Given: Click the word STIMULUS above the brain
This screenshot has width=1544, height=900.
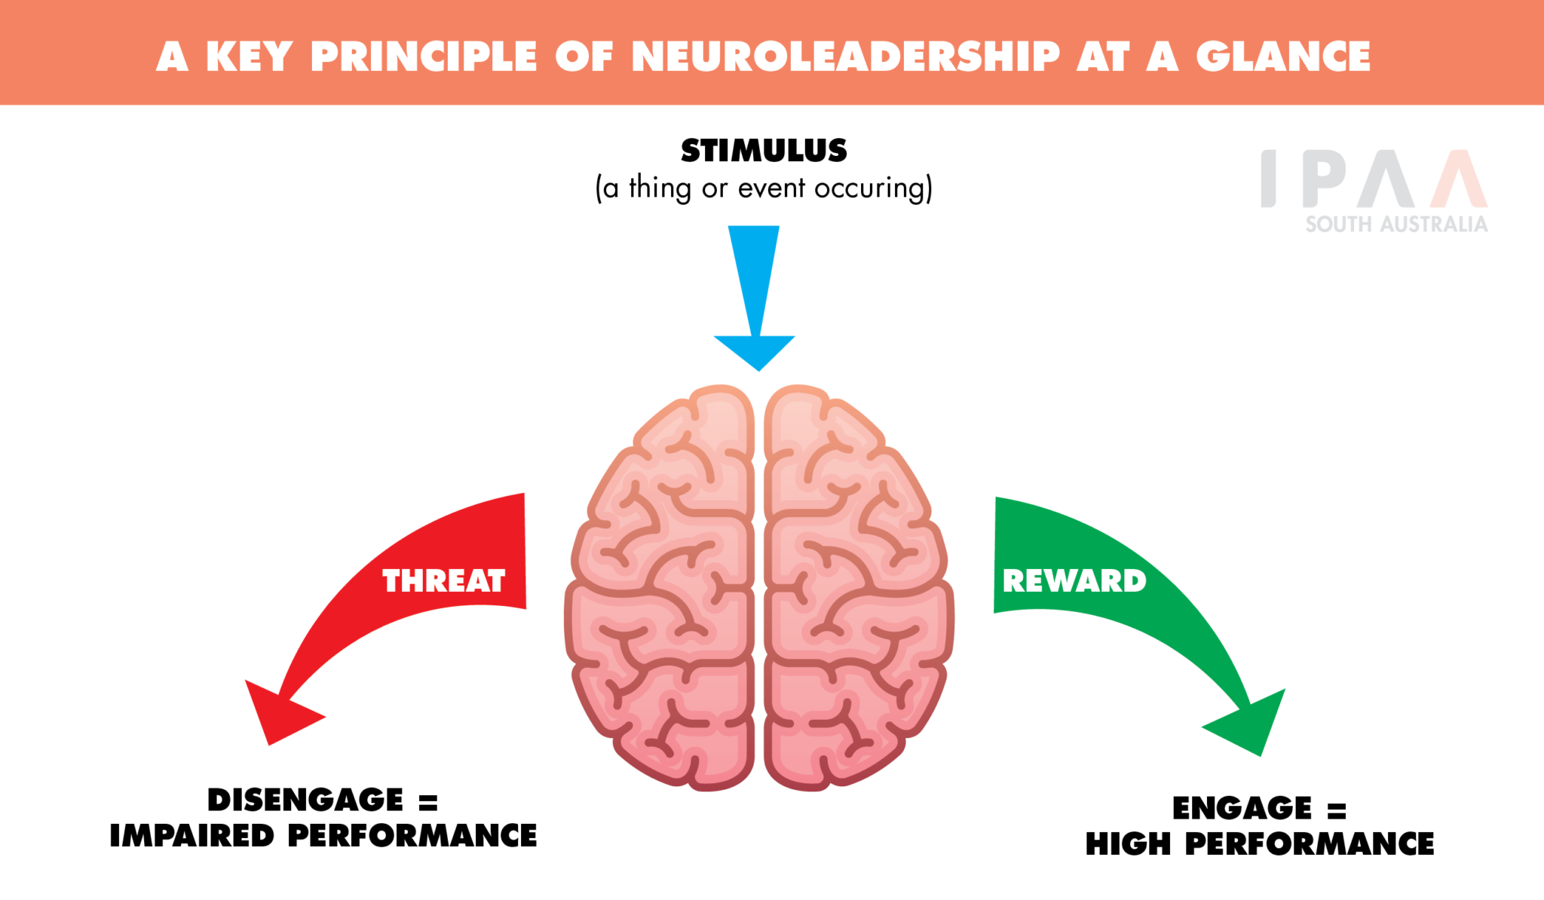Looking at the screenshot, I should coord(764,151).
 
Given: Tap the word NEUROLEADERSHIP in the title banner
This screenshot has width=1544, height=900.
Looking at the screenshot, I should coord(845,57).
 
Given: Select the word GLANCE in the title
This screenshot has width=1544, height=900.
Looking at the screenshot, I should coord(1283,57).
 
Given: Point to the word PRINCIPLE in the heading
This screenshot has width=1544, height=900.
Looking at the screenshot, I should coord(424,57).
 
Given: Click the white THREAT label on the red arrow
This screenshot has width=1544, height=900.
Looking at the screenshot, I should coord(443,581).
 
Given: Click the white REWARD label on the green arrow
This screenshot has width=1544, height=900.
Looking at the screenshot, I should coord(1074,581).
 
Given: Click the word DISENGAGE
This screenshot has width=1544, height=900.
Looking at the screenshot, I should coord(305,800).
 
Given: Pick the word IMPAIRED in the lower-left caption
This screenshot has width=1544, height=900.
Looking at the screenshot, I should coord(191,836).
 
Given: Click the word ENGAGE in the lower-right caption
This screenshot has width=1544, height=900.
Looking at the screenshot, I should coord(1242,808).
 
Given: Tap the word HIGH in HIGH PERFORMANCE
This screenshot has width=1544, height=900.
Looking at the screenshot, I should coord(1128,844).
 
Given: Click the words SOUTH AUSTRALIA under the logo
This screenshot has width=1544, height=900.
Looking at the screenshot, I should coord(1396,224).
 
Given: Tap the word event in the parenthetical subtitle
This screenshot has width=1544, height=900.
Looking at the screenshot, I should coord(771,188).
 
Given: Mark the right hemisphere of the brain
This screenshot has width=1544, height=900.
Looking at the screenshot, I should coord(856,588).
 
